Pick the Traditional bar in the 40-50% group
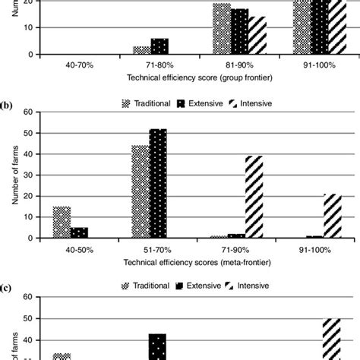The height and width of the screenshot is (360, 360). click(61, 222)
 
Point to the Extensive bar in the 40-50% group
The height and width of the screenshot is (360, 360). click(79, 232)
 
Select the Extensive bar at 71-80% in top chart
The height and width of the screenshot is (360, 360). click(159, 46)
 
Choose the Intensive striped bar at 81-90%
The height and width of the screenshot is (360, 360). click(257, 40)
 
